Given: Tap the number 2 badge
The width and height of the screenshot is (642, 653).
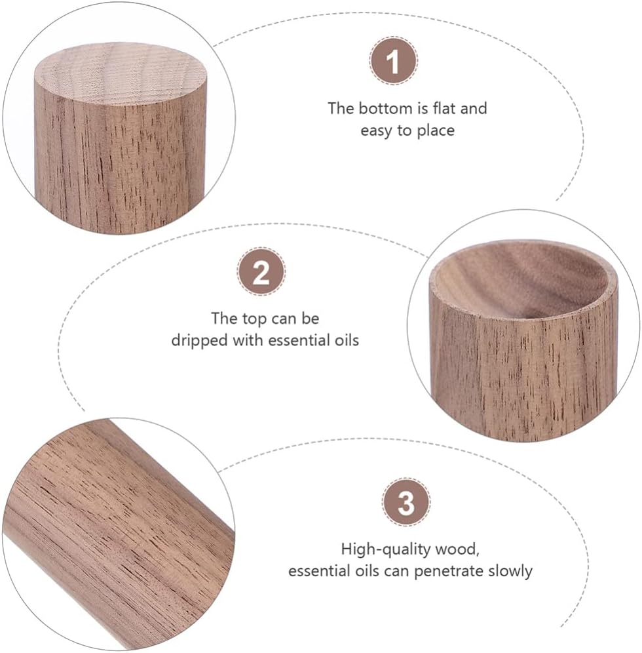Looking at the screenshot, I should point(261,272).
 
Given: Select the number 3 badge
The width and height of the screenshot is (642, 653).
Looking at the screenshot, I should point(406,503).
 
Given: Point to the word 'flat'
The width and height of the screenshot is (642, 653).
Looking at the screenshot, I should point(445,108).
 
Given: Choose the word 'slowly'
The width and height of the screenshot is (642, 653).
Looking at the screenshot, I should point(509,570).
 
